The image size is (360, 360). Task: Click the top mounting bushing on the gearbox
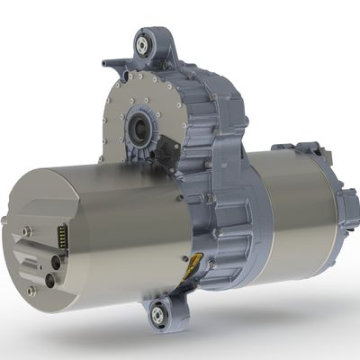tap(143, 42)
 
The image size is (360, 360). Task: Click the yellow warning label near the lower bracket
tap(190, 264)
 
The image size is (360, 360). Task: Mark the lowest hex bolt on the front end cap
tap(31, 292)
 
